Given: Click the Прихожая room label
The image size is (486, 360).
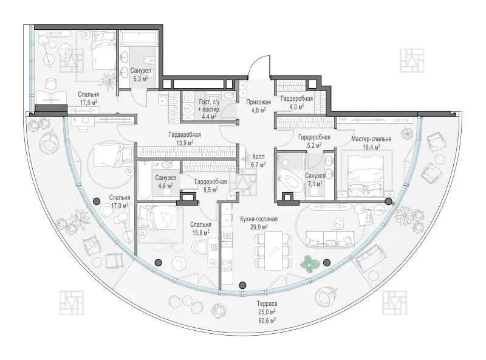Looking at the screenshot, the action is click(259, 102).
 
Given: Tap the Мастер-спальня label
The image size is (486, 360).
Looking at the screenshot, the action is click(371, 139).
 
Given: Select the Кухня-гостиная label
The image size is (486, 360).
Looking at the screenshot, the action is click(259, 219).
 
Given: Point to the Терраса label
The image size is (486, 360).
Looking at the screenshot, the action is click(267, 304).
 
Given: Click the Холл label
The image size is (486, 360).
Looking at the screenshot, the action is click(259, 157).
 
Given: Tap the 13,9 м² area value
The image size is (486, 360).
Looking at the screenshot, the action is click(185, 142).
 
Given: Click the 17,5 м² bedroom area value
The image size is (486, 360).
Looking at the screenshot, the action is click(88, 102).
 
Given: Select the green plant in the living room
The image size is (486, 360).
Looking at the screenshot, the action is click(310, 263).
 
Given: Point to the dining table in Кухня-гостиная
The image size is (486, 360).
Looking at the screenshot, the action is click(273, 251).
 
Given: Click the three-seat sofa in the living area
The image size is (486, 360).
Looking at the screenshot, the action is click(329, 238).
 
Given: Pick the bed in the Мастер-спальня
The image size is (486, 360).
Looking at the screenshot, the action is click(365, 176).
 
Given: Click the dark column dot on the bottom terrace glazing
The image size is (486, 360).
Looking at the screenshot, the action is click(242, 285).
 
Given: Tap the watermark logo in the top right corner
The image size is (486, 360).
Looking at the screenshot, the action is click(412, 60).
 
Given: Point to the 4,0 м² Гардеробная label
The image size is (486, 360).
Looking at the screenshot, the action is click(296, 102).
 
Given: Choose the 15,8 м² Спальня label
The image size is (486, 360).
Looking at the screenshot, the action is click(200, 229).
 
